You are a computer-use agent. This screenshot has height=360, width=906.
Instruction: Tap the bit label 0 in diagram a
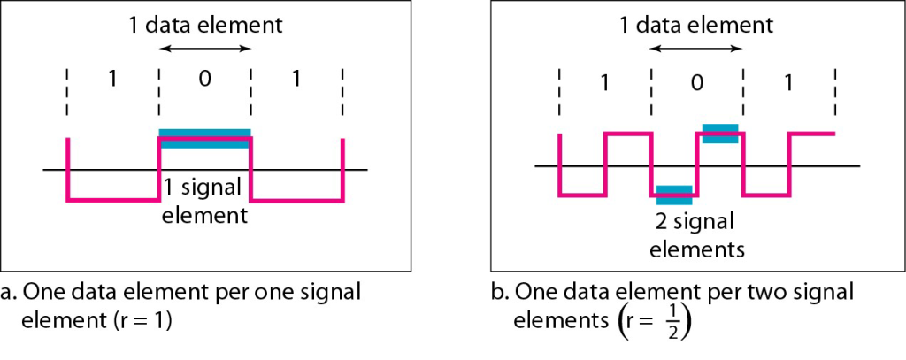click(x=205, y=79)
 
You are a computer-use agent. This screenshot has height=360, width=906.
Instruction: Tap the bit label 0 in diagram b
click(x=696, y=83)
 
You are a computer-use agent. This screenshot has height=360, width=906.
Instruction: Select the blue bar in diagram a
click(x=204, y=137)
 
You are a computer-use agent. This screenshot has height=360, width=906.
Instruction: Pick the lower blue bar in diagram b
click(x=674, y=194)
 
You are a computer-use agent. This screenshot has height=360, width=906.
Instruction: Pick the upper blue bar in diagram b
click(x=719, y=134)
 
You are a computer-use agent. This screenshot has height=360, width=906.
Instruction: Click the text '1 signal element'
click(x=204, y=200)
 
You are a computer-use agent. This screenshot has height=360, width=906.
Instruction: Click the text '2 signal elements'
click(x=697, y=234)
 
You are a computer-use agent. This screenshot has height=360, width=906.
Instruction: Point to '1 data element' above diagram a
click(x=205, y=25)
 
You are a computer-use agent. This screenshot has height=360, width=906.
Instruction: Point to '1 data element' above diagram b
click(x=696, y=25)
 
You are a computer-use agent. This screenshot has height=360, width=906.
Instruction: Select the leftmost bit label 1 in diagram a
click(x=112, y=79)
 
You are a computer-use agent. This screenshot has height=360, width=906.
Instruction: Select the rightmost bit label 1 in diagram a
click(x=296, y=79)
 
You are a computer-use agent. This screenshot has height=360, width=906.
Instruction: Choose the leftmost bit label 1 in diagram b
click(x=604, y=83)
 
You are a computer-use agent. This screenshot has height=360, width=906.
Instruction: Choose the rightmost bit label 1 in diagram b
click(x=788, y=83)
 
